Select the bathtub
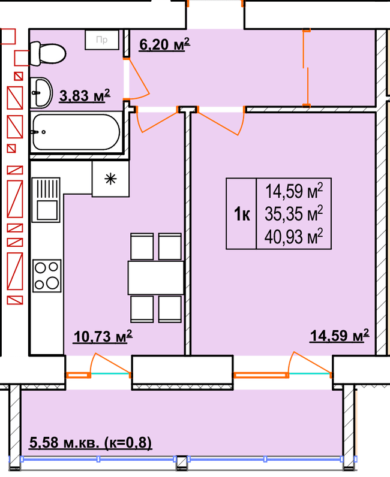(76, 132)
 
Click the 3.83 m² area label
(85, 96)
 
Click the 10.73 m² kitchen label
(103, 338)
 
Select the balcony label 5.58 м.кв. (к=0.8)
(91, 443)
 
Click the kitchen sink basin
(47, 210)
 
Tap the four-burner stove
(47, 275)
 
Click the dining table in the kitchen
(155, 278)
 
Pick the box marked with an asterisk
(110, 179)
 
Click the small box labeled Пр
(101, 41)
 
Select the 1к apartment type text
(241, 214)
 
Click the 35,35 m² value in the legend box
(294, 213)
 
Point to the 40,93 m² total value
(294, 237)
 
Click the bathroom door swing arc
(139, 83)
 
